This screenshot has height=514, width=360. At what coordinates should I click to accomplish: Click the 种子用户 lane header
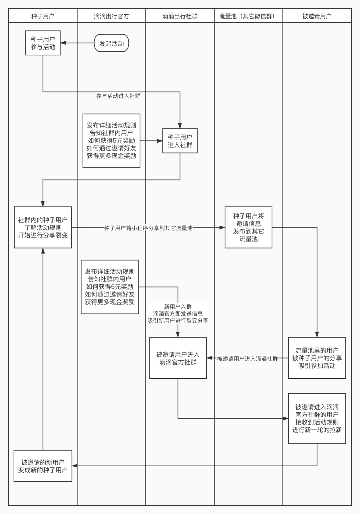click(43, 16)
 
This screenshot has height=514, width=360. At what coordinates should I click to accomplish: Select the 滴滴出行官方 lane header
click(111, 16)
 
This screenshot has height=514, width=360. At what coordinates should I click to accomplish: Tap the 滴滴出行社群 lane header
click(180, 16)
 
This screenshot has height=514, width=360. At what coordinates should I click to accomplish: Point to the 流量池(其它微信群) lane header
click(248, 16)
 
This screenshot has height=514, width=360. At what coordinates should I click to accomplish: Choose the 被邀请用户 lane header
click(317, 16)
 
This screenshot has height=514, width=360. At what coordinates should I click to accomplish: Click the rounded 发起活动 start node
click(111, 43)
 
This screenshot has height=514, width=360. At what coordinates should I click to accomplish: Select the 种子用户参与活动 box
click(43, 43)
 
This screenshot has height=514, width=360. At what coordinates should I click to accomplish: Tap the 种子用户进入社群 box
click(180, 141)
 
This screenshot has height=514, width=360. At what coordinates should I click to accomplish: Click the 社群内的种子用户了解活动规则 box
click(43, 227)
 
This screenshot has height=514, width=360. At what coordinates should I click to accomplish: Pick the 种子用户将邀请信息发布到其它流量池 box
click(248, 227)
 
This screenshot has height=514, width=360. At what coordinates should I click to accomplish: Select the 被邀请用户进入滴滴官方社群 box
click(178, 358)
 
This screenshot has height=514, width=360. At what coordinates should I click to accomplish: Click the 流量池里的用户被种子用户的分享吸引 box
click(317, 358)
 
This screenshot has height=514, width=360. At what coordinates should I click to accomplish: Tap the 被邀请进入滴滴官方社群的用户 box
click(317, 418)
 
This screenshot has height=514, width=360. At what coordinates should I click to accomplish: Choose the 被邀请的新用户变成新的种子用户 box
click(43, 466)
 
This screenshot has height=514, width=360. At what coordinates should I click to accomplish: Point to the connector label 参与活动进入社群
click(118, 96)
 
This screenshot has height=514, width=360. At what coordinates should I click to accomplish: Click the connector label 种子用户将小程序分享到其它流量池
click(148, 228)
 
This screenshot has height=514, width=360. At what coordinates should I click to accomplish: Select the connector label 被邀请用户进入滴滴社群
click(247, 359)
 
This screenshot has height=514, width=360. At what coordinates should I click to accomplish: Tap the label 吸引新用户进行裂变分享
click(178, 321)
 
